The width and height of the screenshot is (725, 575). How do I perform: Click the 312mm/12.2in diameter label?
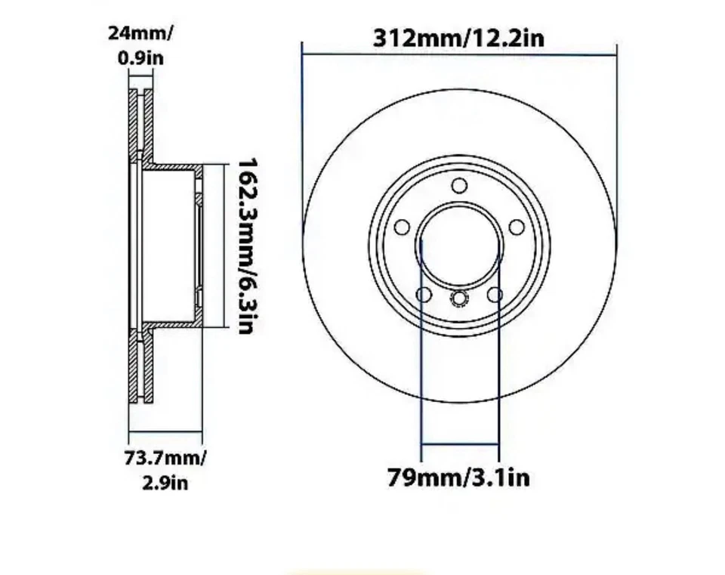click(458, 39)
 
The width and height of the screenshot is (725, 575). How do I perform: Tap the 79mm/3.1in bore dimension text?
click(458, 478)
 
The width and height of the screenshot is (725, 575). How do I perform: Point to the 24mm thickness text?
click(140, 33)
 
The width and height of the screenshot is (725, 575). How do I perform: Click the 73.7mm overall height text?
click(165, 458)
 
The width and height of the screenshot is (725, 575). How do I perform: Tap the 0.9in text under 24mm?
click(141, 57)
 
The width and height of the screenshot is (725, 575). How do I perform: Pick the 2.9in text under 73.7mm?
click(165, 482)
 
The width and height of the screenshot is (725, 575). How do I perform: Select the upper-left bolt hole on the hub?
click(402, 227)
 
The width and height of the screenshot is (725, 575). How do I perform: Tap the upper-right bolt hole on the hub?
click(517, 227)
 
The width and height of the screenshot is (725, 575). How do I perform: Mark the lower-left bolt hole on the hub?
click(424, 294)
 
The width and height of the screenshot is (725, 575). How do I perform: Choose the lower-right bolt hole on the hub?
click(495, 294)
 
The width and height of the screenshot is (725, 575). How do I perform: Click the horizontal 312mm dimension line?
click(458, 54)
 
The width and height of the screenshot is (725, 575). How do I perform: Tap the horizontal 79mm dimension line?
click(459, 444)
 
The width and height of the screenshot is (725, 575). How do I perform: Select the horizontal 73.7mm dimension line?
click(165, 433)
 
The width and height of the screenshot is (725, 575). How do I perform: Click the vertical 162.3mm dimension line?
click(225, 246)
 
